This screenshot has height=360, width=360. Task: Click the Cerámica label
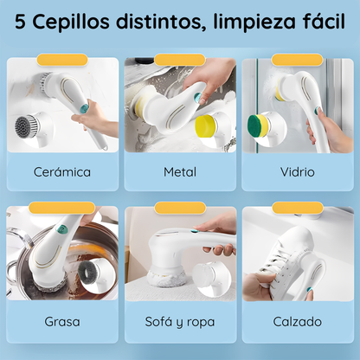(62, 171)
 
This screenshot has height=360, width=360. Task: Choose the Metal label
(180, 171)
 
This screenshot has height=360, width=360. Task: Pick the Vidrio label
(297, 171)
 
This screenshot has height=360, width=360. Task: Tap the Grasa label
(62, 321)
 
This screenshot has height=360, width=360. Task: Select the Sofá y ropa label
(180, 321)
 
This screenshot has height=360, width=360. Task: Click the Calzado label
(297, 321)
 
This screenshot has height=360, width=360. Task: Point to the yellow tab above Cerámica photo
(62, 60)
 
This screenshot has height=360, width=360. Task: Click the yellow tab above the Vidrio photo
(297, 60)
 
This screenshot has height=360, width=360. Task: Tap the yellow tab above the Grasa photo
(62, 208)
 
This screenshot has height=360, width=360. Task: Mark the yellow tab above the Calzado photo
(297, 208)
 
